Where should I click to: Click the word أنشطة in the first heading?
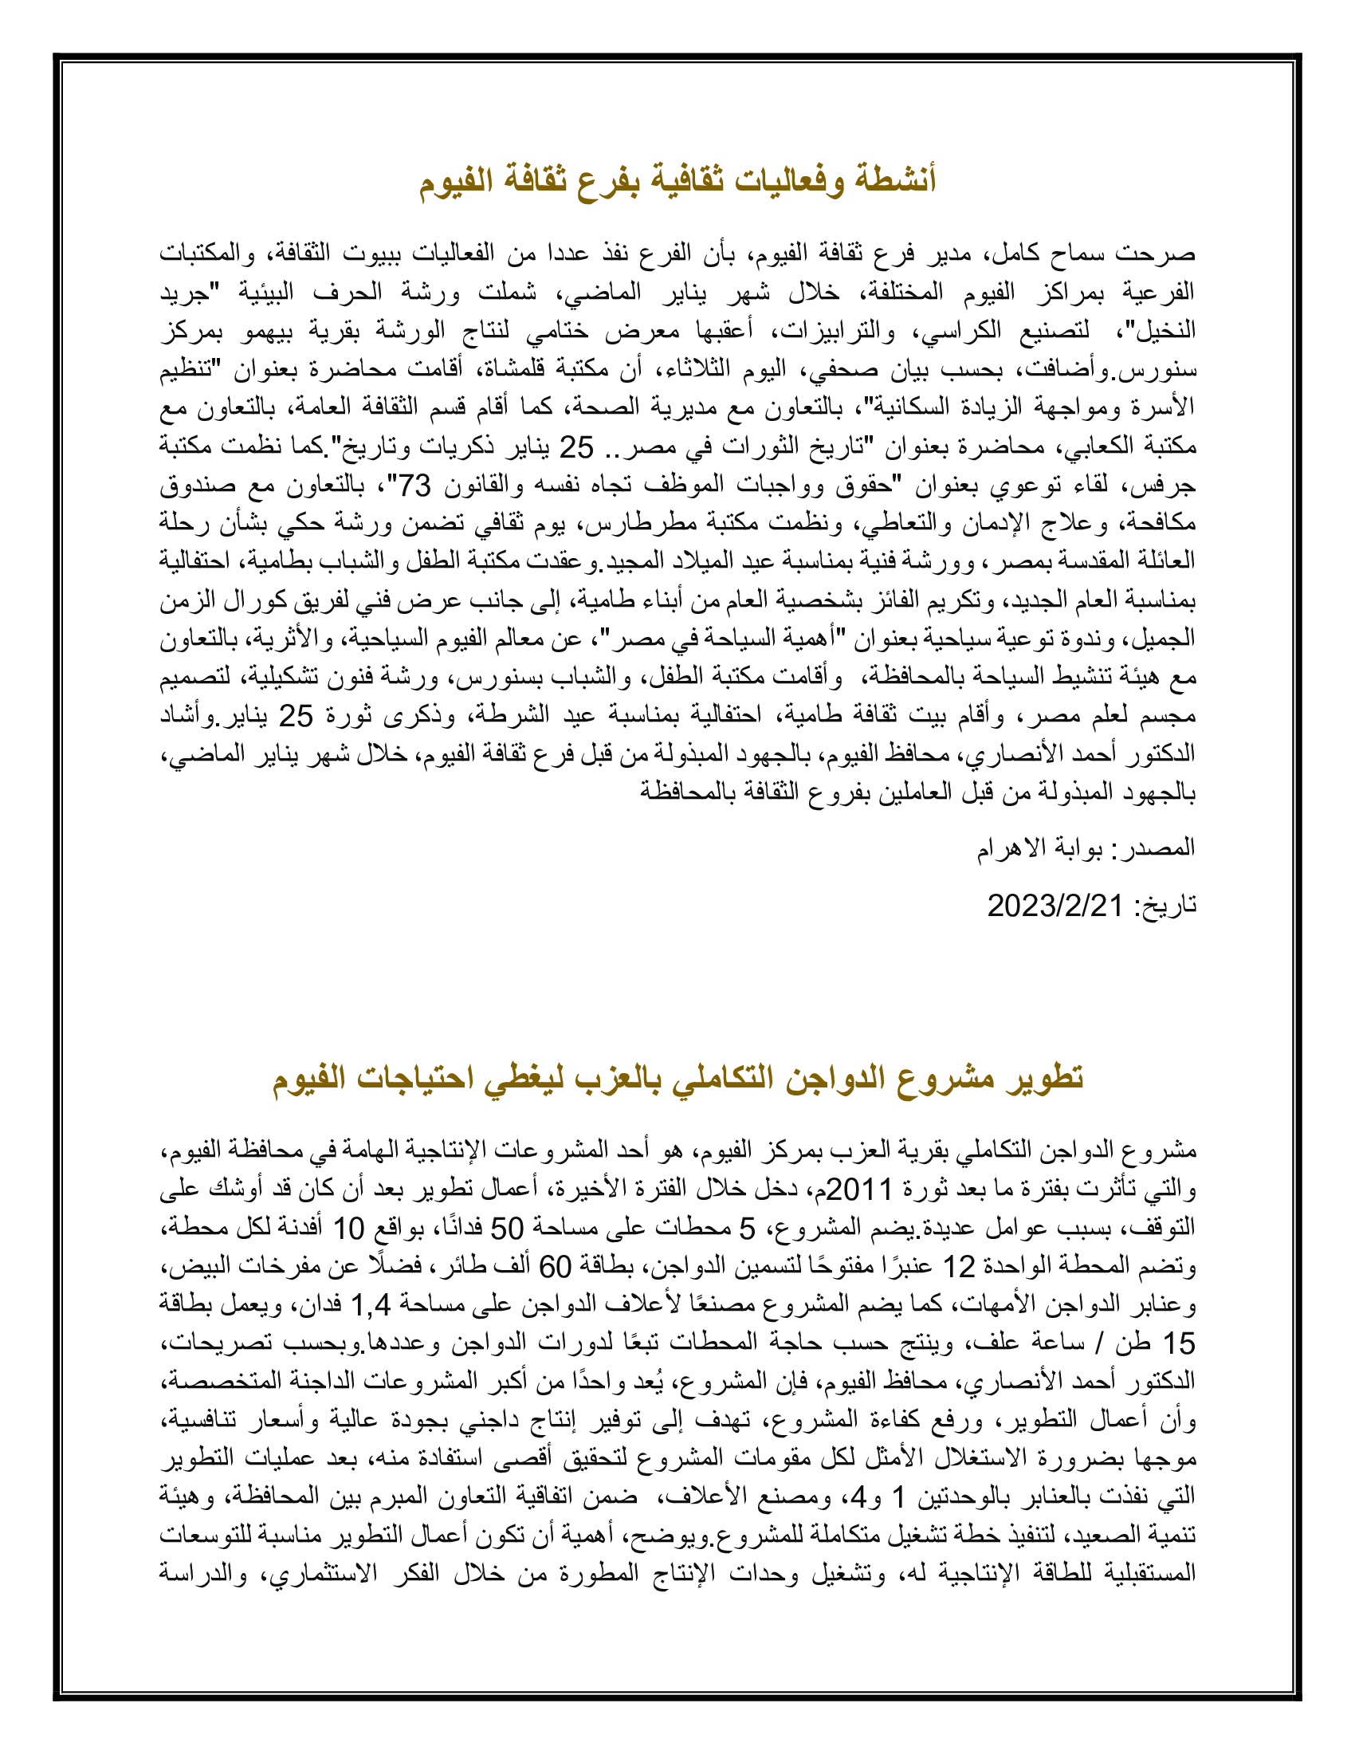pyautogui.click(x=892, y=180)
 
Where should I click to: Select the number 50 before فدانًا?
pyautogui.click(x=507, y=1227)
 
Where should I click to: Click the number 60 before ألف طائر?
pyautogui.click(x=554, y=1267)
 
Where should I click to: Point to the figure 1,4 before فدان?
pyautogui.click(x=370, y=1305)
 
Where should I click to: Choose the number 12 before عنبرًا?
pyautogui.click(x=957, y=1267)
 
